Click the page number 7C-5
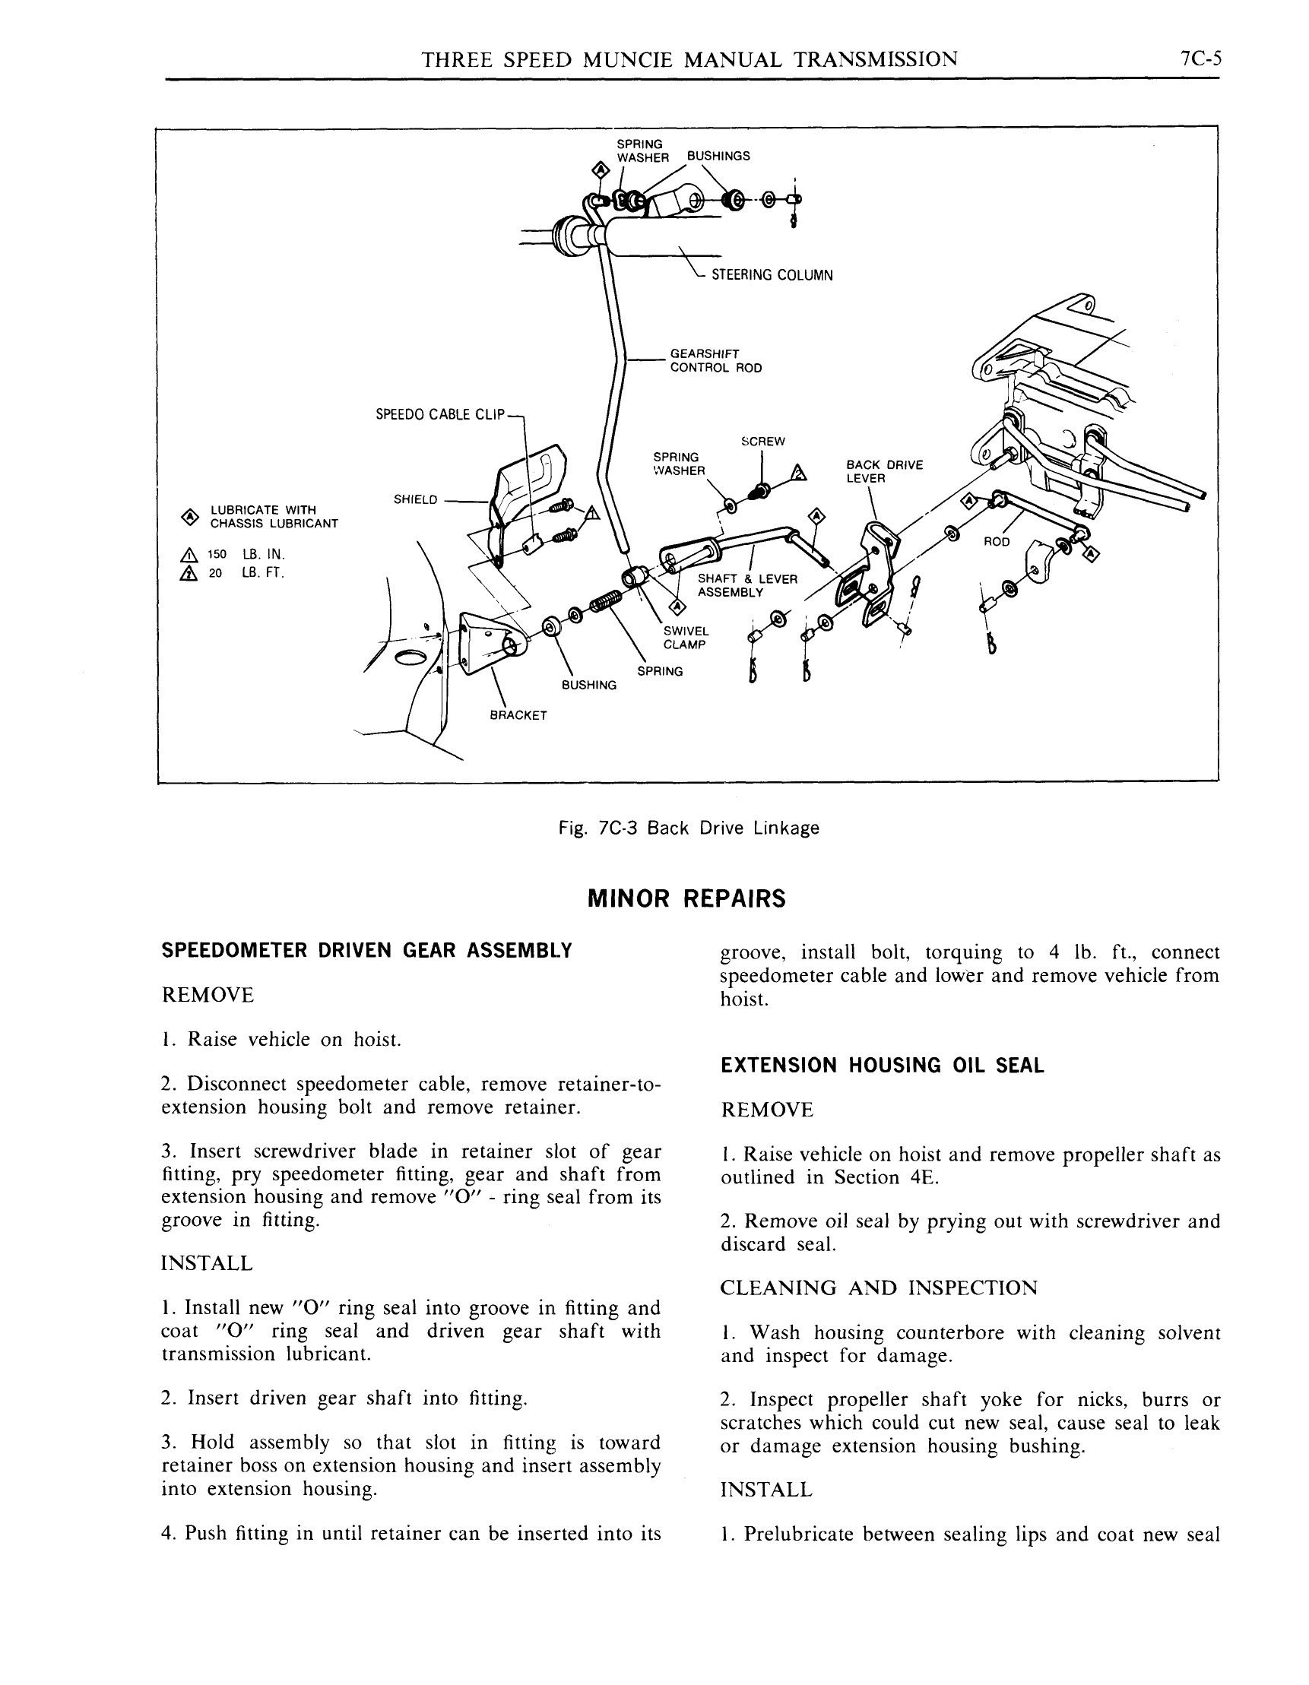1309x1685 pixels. coord(1200,59)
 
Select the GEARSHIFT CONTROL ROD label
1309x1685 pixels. coord(715,361)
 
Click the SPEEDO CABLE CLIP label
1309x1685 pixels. coord(439,414)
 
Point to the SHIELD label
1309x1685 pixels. coord(415,499)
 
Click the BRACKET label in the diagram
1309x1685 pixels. coord(518,715)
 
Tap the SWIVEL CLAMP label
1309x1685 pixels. coord(684,638)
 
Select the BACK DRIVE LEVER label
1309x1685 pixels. coord(884,471)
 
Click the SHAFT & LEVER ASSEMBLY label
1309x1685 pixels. coord(746,585)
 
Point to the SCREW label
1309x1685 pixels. coord(762,442)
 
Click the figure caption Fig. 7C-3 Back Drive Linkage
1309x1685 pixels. coord(688,828)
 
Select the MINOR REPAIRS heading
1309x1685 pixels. coord(686,899)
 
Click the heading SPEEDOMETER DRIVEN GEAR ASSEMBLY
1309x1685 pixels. coord(366,951)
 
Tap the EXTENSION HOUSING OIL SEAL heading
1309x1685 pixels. coord(882,1066)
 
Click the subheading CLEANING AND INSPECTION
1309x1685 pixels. coord(878,1288)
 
